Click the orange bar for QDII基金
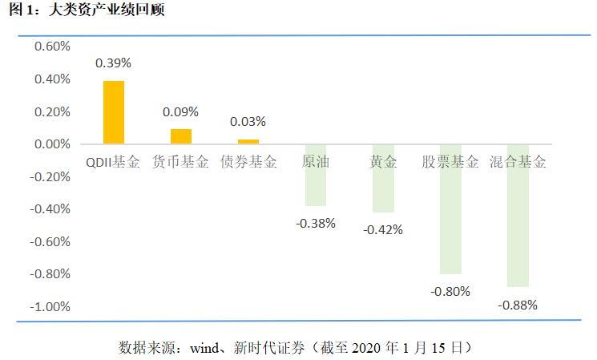tap(114, 112)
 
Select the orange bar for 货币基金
tap(181, 136)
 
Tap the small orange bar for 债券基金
tap(248, 142)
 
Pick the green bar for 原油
tap(316, 176)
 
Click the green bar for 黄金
tap(383, 179)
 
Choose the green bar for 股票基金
tap(451, 209)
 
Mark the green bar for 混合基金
tap(518, 216)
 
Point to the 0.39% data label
tap(113, 63)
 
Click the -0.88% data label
tap(518, 305)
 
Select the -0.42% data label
tap(383, 230)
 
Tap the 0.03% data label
tap(248, 122)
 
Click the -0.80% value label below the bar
tap(450, 292)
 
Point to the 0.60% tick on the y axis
tap(52, 47)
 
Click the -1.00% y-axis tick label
tap(50, 306)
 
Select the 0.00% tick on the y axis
tap(52, 144)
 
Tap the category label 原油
tap(316, 162)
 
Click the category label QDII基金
tap(113, 162)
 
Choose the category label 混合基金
tap(518, 162)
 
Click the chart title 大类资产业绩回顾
tap(107, 10)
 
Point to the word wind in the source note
tap(205, 348)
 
